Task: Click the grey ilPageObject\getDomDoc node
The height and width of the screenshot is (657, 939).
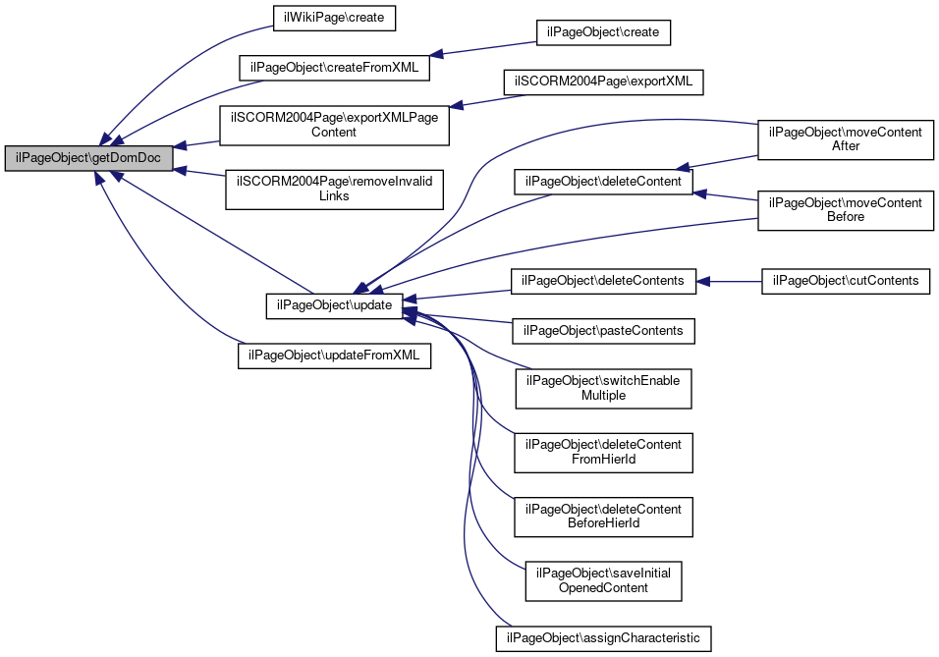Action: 88,158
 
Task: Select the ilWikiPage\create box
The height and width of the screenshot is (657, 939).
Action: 334,18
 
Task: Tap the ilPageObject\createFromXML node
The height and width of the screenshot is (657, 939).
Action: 334,68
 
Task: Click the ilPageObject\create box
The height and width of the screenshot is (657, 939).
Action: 603,32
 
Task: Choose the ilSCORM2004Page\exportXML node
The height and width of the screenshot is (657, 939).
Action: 603,82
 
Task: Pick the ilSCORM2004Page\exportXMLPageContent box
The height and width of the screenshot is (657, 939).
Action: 334,125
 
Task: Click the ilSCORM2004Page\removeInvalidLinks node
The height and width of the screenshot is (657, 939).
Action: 334,190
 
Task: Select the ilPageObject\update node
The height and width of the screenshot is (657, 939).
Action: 334,305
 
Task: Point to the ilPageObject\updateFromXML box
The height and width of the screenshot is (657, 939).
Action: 334,356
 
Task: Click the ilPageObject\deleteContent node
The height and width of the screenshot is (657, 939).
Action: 603,182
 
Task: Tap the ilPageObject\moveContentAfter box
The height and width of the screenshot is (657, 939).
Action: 846,139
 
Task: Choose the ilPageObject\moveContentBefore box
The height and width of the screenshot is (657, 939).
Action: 846,210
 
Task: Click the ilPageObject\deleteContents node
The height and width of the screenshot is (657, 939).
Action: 603,281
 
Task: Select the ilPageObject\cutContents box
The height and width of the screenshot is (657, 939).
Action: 846,281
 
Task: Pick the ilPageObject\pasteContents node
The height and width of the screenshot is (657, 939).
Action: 603,331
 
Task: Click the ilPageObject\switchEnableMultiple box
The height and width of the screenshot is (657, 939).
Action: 603,389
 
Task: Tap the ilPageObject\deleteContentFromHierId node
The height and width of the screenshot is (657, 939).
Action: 603,452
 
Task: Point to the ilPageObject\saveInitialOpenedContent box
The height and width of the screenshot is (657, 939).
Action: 603,581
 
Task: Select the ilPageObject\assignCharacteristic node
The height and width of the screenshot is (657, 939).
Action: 603,638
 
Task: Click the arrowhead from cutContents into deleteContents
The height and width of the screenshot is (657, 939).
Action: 703,281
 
